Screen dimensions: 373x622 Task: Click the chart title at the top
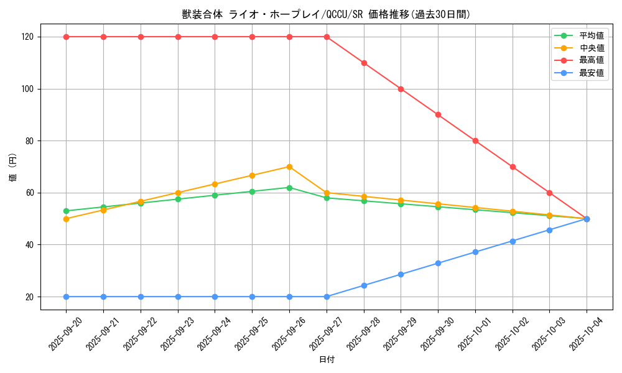326,14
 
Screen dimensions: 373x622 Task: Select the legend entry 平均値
592,35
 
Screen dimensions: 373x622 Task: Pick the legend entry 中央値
592,48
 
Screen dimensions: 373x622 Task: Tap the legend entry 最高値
592,60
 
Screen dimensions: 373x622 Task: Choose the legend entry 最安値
592,73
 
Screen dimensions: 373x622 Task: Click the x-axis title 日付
327,360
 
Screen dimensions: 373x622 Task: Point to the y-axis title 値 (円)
13,167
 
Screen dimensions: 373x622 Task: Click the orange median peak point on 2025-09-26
289,167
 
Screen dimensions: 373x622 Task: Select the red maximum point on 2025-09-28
364,63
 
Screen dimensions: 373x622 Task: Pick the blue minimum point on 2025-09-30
438,263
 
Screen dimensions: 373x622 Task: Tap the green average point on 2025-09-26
289,188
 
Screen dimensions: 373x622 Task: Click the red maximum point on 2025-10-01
475,141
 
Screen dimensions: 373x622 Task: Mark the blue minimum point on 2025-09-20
66,297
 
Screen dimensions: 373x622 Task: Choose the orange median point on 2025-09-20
66,219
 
